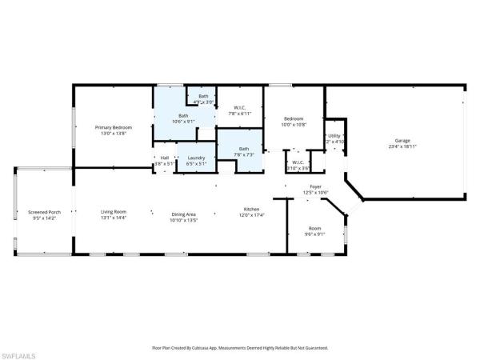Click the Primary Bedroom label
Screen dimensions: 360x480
[113, 127]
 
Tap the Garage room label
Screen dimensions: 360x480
[402, 140]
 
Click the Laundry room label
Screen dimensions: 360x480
[196, 158]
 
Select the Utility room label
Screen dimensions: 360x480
[334, 136]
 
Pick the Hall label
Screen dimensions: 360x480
[164, 158]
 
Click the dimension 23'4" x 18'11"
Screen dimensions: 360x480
[402, 146]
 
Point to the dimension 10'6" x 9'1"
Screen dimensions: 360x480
[184, 122]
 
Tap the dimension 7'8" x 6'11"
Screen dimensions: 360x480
[240, 114]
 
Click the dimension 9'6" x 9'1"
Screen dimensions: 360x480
[314, 234]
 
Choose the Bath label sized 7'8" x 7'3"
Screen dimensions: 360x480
[243, 148]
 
